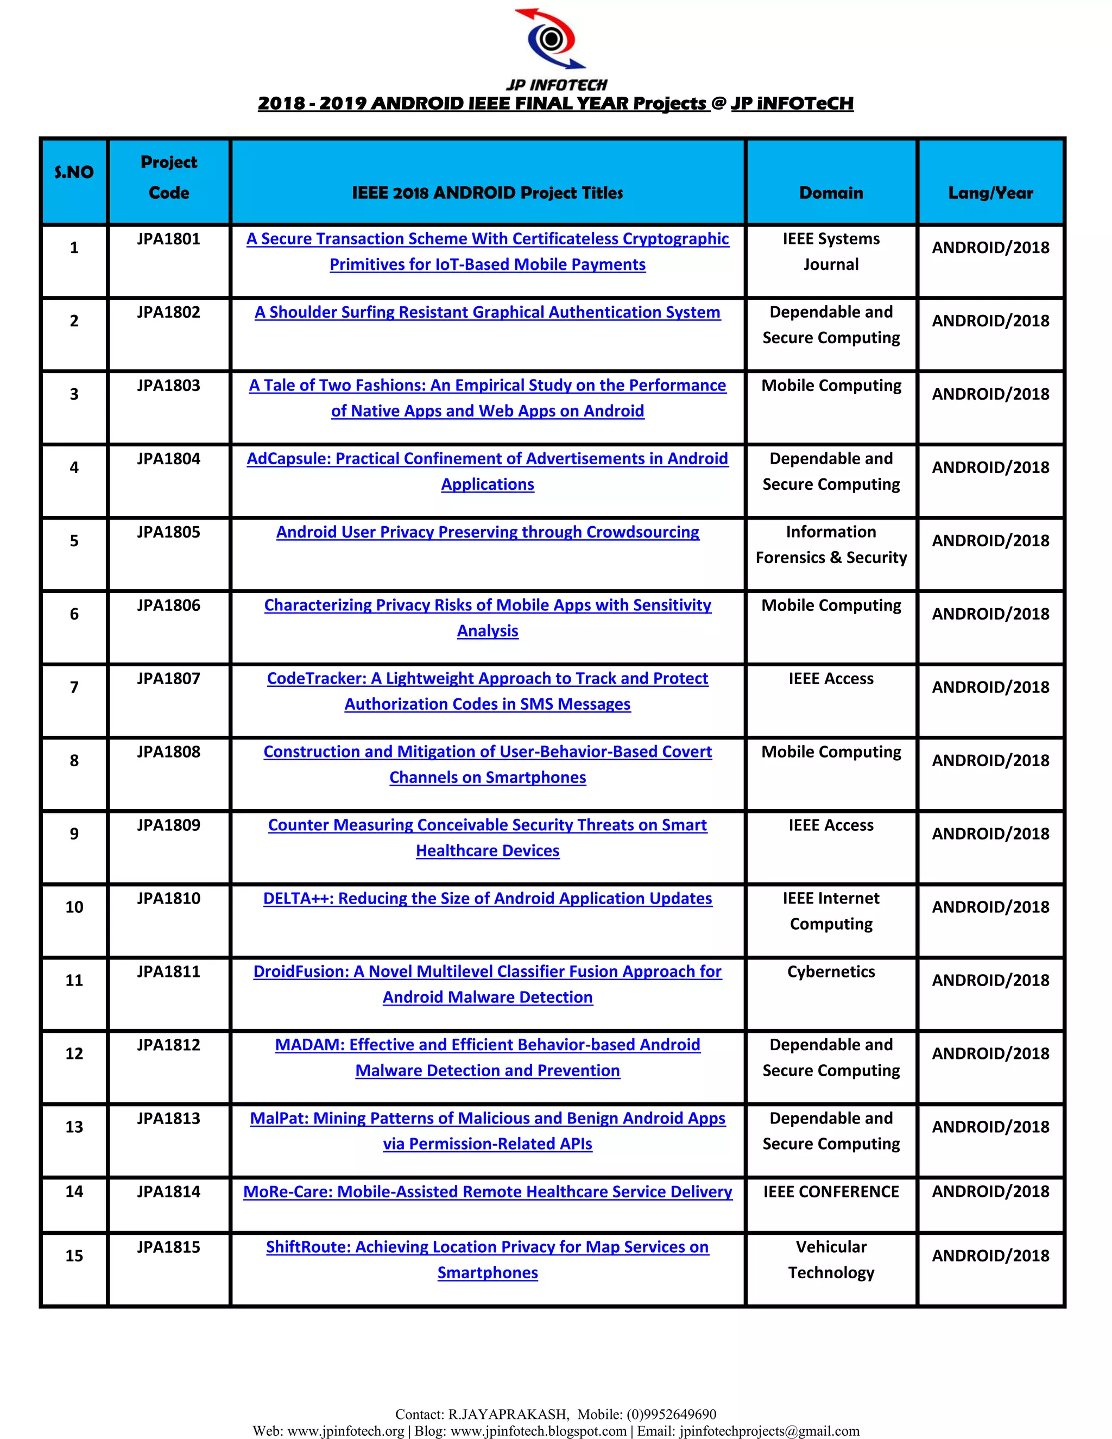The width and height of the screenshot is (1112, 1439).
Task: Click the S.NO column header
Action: pos(74,173)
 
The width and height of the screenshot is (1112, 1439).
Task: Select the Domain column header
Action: pos(831,193)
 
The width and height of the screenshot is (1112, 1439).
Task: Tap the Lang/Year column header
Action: pos(990,193)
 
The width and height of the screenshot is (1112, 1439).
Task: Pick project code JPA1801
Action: pos(169,239)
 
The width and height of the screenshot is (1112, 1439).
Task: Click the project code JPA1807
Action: pos(169,679)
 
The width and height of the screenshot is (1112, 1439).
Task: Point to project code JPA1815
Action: pos(169,1247)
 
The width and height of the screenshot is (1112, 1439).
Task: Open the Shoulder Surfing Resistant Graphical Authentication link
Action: pos(488,312)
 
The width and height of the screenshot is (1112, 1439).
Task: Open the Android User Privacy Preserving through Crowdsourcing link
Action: pos(488,532)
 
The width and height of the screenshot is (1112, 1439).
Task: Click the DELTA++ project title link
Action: pos(488,899)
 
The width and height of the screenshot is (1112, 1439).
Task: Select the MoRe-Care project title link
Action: pos(488,1192)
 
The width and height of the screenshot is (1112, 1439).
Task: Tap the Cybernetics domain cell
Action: pos(831,972)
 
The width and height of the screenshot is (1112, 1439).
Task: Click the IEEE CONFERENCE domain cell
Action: pos(831,1192)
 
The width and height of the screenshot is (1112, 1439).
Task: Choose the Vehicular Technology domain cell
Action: pos(831,1260)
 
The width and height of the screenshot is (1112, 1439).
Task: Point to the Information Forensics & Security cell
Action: pos(831,545)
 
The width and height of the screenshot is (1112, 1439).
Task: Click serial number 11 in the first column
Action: pos(74,980)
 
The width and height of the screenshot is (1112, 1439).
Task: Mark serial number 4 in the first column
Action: pos(74,468)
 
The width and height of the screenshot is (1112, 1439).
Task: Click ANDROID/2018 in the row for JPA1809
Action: pos(990,834)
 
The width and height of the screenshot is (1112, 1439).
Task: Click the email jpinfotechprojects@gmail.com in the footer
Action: pos(769,1431)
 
